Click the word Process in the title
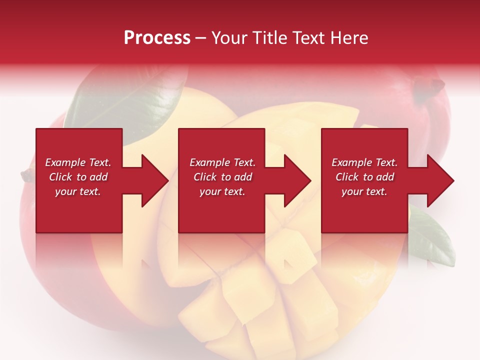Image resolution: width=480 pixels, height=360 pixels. coord(157,38)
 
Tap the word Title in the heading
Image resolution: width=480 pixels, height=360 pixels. coord(270,38)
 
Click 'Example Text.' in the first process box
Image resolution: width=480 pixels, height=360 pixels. coord(78,162)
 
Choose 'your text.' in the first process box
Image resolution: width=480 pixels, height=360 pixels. coord(78,191)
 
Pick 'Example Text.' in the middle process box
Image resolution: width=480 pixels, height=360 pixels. coord(222,162)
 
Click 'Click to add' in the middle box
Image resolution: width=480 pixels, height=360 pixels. coord(222,177)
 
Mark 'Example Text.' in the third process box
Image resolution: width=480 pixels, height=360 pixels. coord(364,162)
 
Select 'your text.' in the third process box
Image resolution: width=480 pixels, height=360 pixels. coord(364,191)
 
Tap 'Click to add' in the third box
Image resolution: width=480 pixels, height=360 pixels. coord(364,177)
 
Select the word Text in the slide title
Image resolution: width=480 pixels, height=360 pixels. coord(309,38)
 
